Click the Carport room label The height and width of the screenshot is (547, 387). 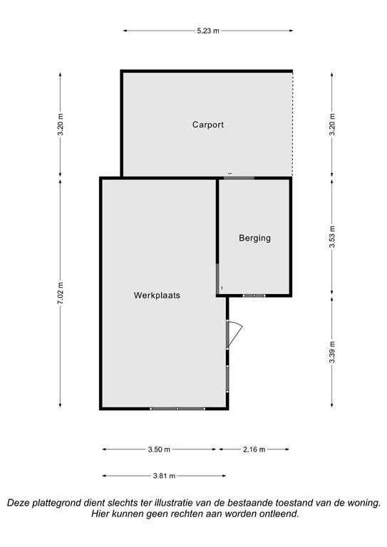[208, 125]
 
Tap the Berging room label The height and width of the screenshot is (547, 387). [254, 238]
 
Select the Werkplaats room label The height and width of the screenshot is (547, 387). [157, 295]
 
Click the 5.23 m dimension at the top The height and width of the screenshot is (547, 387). [208, 31]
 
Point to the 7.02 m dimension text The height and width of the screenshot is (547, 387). [61, 292]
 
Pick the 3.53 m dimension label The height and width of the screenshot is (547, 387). [332, 237]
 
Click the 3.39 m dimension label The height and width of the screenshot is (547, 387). [332, 352]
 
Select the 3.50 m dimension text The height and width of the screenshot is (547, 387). [159, 449]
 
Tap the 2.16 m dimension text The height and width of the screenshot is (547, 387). [254, 449]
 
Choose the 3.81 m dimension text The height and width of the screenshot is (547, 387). [164, 476]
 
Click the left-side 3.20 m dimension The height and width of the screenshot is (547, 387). [61, 125]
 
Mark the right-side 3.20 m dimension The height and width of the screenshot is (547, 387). [332, 125]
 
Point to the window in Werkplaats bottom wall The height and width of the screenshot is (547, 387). [177, 409]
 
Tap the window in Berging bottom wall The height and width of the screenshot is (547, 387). [254, 296]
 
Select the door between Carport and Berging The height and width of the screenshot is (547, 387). [239, 178]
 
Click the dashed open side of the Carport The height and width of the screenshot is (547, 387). [292, 124]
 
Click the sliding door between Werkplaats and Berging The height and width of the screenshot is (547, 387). [217, 278]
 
